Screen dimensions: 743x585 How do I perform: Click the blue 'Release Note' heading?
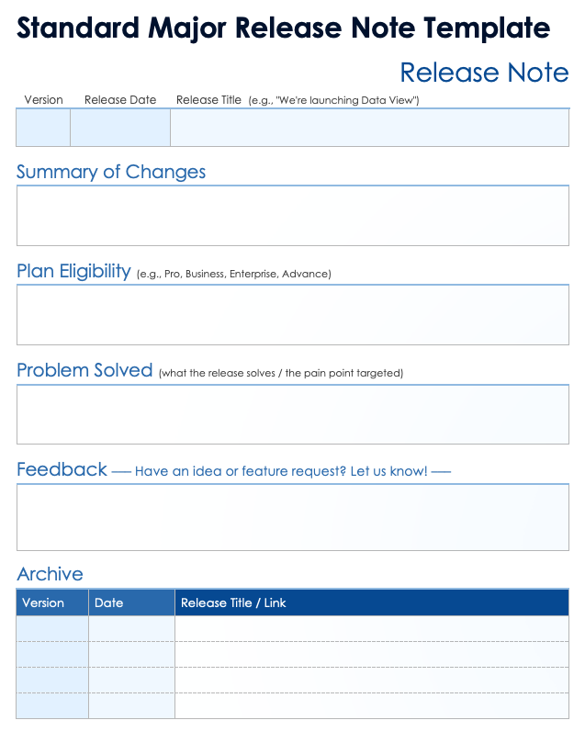(484, 73)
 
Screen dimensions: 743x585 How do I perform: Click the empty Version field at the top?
(43, 128)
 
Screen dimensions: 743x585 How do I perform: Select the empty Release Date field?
(120, 128)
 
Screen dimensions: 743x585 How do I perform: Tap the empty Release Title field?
(369, 128)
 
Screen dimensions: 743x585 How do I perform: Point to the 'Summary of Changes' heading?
(111, 172)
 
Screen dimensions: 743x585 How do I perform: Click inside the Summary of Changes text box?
(292, 216)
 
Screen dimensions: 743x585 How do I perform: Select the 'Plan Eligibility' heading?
(73, 271)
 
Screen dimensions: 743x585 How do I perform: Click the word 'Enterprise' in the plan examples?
(253, 274)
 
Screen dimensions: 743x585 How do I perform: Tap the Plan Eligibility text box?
(292, 314)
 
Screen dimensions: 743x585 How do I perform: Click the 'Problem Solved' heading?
(84, 370)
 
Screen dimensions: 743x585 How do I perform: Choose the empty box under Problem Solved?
(292, 414)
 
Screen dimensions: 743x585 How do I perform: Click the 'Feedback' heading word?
(62, 469)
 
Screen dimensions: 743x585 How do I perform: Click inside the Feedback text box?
(292, 517)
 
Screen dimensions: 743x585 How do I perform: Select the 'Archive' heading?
(51, 574)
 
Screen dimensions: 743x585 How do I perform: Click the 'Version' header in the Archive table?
(43, 602)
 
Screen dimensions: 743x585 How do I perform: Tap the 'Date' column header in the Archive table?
(108, 602)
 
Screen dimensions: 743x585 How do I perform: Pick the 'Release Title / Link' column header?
(233, 602)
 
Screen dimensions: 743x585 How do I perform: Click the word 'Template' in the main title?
(487, 28)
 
